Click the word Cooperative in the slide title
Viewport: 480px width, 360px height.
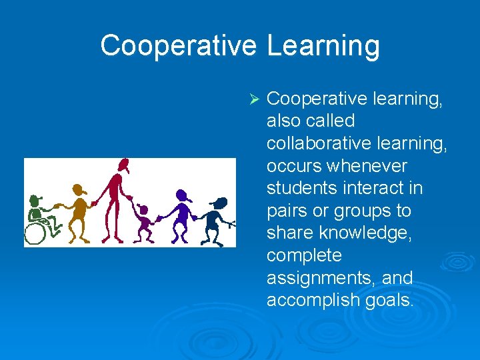point(178,46)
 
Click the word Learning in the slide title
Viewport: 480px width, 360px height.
point(323,46)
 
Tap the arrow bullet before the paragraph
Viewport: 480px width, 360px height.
point(253,99)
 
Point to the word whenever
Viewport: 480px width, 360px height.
point(364,166)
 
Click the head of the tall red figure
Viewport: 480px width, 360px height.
point(121,165)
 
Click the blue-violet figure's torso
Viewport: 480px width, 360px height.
point(181,213)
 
